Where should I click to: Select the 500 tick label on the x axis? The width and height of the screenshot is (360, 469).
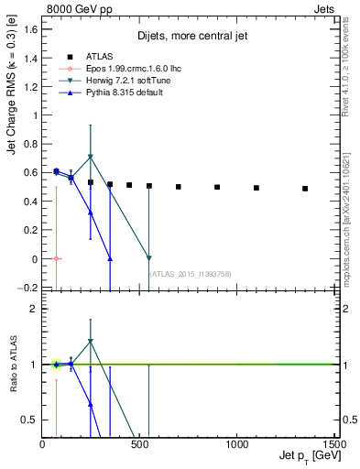(x=139, y=444)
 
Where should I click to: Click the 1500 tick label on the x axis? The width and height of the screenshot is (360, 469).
(x=333, y=444)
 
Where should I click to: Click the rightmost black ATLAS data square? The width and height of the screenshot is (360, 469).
(x=305, y=189)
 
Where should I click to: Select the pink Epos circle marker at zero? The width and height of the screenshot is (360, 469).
(x=57, y=258)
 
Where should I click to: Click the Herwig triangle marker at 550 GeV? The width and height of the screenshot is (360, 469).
(x=149, y=258)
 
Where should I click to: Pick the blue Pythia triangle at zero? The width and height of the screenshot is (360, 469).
(x=110, y=259)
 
